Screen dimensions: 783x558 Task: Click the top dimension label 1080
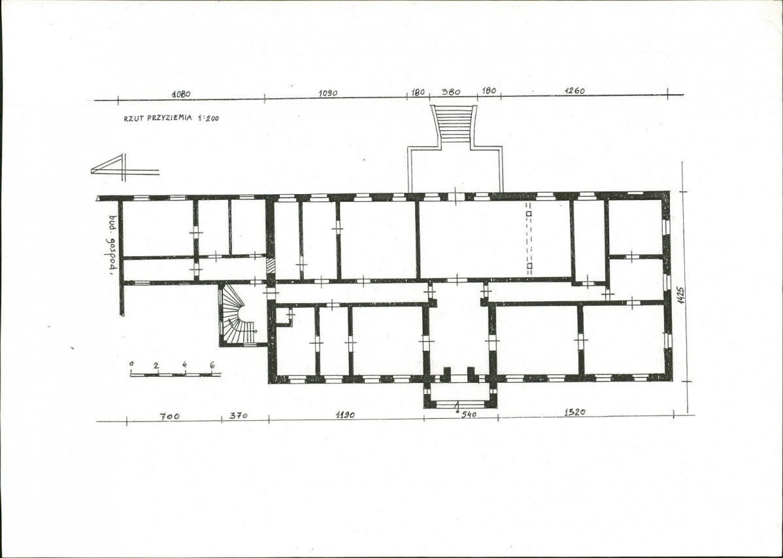(x=181, y=94)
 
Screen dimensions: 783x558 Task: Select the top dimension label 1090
(x=327, y=93)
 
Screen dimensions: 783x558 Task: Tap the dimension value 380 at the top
(x=452, y=92)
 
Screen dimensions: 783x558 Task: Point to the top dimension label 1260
(x=575, y=91)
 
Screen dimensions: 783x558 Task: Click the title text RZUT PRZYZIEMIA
(x=158, y=118)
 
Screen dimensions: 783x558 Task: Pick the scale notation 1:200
(x=208, y=119)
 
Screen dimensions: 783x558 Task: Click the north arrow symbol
(x=125, y=167)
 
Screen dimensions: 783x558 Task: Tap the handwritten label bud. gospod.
(x=113, y=245)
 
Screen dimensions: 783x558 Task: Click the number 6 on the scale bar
(x=212, y=365)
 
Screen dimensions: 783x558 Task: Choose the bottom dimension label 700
(x=170, y=416)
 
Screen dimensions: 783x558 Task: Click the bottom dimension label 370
(x=238, y=416)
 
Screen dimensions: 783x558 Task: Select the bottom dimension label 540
(x=469, y=414)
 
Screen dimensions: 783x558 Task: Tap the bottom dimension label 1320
(x=575, y=412)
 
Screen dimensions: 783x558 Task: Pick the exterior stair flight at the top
(x=456, y=124)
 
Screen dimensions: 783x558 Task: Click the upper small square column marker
(x=529, y=214)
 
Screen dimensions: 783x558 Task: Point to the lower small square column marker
(x=529, y=266)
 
